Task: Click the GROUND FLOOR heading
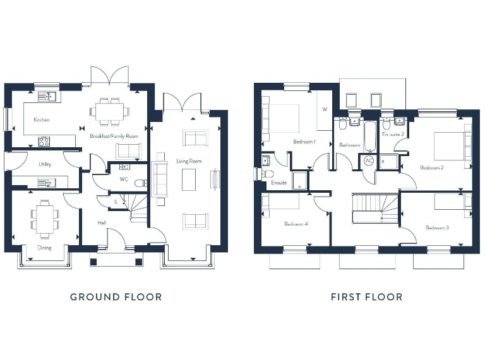click(x=116, y=296)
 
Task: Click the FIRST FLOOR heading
click(x=366, y=296)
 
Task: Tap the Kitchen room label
click(x=42, y=119)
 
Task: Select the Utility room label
click(x=45, y=164)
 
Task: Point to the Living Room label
click(x=189, y=162)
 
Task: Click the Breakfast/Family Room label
click(x=114, y=136)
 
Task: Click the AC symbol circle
click(x=369, y=161)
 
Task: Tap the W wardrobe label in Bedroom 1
click(x=325, y=109)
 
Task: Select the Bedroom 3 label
click(x=437, y=227)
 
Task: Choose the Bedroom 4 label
click(x=296, y=224)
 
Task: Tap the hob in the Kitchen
click(x=44, y=142)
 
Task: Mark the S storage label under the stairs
click(x=115, y=202)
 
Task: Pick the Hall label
click(x=101, y=222)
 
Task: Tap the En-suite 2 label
click(x=393, y=134)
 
